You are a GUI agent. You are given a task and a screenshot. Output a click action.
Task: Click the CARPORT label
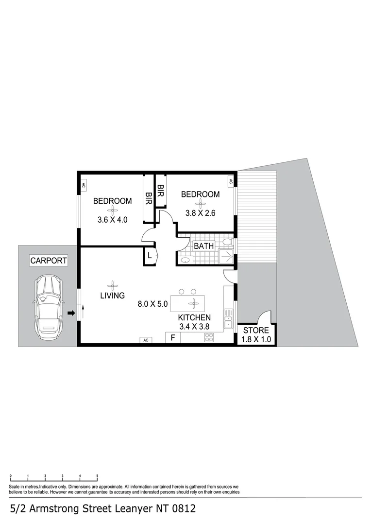(49, 261)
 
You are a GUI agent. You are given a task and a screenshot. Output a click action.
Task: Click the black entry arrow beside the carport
(71, 314)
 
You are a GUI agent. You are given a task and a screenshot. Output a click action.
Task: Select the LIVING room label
(113, 295)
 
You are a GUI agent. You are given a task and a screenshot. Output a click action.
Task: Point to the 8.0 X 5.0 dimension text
(152, 305)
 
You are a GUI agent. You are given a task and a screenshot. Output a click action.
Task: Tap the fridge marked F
(172, 337)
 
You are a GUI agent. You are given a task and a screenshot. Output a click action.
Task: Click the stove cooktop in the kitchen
(209, 337)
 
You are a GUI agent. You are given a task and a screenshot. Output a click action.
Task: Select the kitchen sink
(228, 321)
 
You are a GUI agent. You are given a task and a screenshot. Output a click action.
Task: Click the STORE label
(256, 331)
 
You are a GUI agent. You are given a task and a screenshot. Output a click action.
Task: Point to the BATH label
(203, 246)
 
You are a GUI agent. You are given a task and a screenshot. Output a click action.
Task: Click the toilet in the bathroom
(227, 242)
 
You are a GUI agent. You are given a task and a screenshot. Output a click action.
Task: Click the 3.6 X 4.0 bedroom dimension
(112, 219)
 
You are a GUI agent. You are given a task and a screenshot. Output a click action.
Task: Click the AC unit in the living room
(145, 340)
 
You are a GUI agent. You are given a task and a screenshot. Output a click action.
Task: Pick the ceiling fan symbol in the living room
(113, 285)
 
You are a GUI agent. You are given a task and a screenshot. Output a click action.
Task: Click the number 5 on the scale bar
(97, 476)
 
